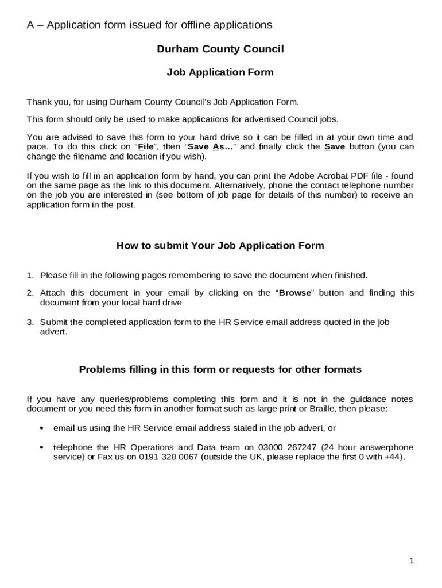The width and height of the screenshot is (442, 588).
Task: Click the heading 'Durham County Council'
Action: pyautogui.click(x=220, y=49)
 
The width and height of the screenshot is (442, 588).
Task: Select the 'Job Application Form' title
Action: pyautogui.click(x=220, y=72)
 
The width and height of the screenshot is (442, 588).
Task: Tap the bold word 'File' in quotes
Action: pyautogui.click(x=146, y=146)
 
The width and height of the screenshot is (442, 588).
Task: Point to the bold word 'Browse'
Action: pyautogui.click(x=294, y=293)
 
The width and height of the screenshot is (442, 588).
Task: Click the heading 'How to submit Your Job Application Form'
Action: pyautogui.click(x=220, y=246)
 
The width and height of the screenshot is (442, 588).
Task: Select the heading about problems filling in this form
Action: pyautogui.click(x=220, y=369)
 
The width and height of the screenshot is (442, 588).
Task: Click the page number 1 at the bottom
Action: pyautogui.click(x=412, y=561)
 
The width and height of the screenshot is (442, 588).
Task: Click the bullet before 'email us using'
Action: pyautogui.click(x=41, y=428)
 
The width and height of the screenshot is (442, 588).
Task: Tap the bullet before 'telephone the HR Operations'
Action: pyautogui.click(x=41, y=447)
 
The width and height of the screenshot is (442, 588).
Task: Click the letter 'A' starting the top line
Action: pyautogui.click(x=31, y=25)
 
